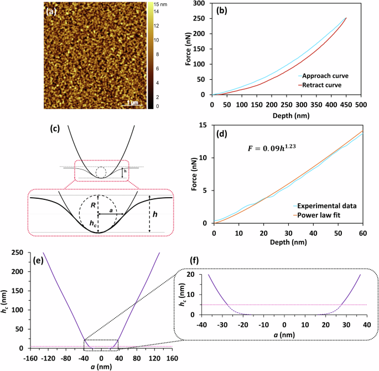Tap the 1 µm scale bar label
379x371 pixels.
coord(132,102)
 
